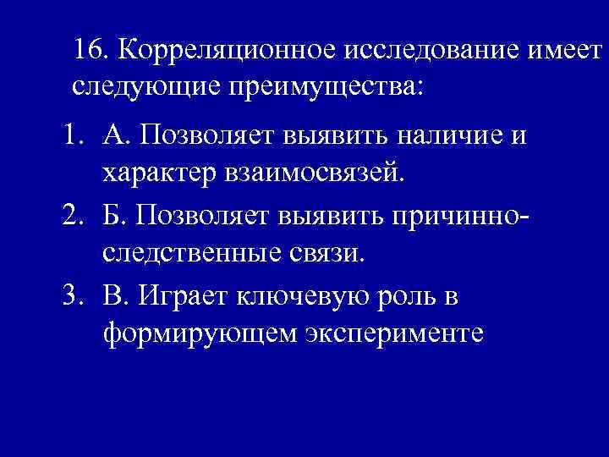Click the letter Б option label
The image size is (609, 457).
point(115,215)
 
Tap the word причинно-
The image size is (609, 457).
point(458,216)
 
